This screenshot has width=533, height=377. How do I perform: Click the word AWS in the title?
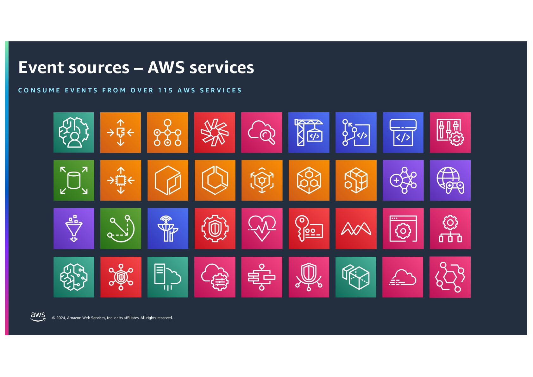(x=166, y=67)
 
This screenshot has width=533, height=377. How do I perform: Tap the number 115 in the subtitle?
(x=165, y=91)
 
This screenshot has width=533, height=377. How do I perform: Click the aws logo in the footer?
(x=38, y=316)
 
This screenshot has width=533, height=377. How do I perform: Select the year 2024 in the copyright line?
(x=61, y=318)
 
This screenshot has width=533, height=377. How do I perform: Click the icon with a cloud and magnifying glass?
(x=261, y=132)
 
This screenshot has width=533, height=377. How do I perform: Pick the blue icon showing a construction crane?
(x=309, y=132)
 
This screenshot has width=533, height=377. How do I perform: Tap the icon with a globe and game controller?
(x=450, y=180)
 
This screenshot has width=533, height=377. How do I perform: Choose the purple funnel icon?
(x=74, y=228)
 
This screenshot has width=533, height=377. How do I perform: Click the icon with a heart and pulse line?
(x=261, y=228)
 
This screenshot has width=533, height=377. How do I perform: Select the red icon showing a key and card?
(x=309, y=228)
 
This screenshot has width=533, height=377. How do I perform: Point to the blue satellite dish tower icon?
(x=168, y=228)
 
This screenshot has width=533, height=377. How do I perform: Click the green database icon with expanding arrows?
(x=74, y=180)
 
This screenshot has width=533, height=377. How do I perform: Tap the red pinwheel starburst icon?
(x=215, y=132)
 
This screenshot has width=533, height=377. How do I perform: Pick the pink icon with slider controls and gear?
(x=450, y=132)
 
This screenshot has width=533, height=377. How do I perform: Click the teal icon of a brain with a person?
(x=74, y=132)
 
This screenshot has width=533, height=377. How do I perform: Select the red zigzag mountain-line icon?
(x=356, y=228)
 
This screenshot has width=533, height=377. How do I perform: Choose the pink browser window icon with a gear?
(x=403, y=228)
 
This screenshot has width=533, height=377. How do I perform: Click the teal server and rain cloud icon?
(x=168, y=277)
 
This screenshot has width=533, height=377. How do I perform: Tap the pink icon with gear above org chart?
(x=450, y=228)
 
